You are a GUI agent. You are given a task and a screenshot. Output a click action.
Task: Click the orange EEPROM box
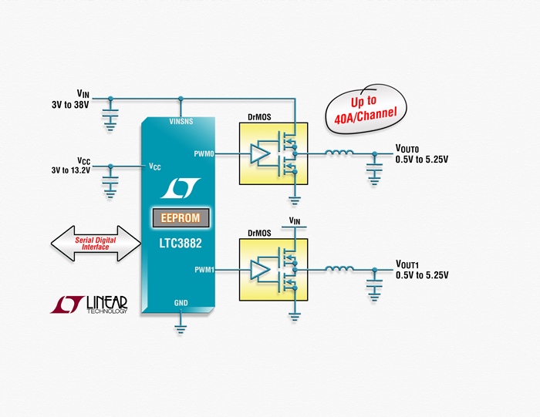coord(181,218)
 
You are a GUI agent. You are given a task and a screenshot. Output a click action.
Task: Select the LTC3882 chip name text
coord(181,244)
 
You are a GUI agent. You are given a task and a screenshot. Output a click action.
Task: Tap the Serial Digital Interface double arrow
coord(96,244)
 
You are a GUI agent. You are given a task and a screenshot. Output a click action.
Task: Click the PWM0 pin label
coord(204,154)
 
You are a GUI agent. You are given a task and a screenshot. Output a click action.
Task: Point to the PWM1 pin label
coord(204,270)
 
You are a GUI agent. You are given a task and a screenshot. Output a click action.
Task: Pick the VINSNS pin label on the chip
coord(181,122)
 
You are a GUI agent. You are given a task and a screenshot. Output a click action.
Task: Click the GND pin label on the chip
coord(181,303)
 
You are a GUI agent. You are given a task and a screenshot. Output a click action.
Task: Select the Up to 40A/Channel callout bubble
coord(366,109)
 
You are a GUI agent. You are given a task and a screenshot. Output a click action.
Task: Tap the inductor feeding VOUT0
coord(339,153)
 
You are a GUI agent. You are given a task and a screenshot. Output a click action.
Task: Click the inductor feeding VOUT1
coord(339,268)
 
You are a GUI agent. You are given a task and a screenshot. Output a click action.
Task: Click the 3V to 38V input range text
coord(70,105)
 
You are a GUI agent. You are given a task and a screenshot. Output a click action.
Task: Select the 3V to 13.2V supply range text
coord(71,170)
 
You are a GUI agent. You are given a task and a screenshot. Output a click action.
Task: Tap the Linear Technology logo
coord(89,304)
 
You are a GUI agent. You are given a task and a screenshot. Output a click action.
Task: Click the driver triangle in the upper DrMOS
coord(259,154)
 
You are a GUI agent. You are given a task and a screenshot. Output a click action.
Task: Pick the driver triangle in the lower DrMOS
coord(259,270)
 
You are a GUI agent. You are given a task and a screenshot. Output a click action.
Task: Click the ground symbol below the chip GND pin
coord(181,329)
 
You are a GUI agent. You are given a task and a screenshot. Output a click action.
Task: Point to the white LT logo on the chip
coord(181,188)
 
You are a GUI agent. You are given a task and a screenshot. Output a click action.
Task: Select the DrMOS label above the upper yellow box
coord(259,117)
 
